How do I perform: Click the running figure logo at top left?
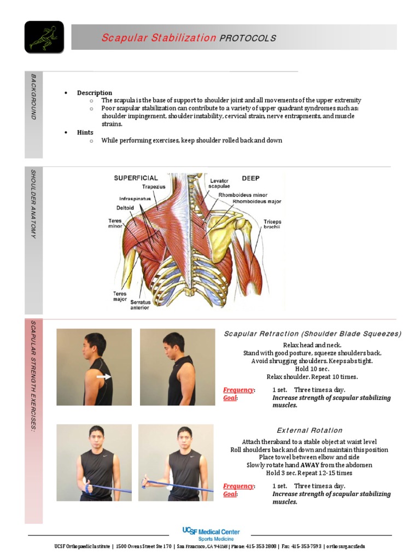coord(44,37)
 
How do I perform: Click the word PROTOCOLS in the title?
coord(248,38)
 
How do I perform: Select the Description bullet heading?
coord(95,93)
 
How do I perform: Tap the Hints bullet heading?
coord(85,132)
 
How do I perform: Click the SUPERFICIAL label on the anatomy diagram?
coord(136,178)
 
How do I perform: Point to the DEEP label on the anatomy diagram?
coord(250,178)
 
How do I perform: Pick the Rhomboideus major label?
coord(256,201)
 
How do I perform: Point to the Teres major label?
coord(120,296)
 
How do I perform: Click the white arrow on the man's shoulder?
coord(103,377)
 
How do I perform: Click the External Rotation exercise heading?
coord(310,430)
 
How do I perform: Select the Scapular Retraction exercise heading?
coord(312,334)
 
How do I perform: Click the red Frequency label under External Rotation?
coord(238,486)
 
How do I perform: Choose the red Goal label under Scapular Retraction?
coord(230,398)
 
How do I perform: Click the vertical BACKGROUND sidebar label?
coord(33,97)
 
